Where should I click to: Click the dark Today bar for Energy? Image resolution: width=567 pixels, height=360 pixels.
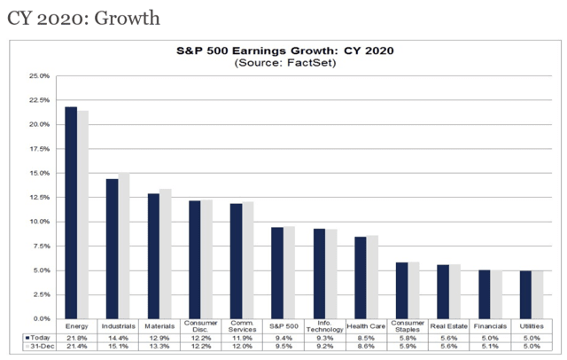click(71, 213)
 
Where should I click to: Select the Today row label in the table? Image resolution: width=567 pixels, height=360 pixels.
click(38, 338)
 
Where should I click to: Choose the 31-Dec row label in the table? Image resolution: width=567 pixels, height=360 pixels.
click(38, 348)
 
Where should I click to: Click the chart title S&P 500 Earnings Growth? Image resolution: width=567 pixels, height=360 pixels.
click(283, 51)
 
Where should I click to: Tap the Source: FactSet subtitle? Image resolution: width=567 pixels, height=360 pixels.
click(283, 63)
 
